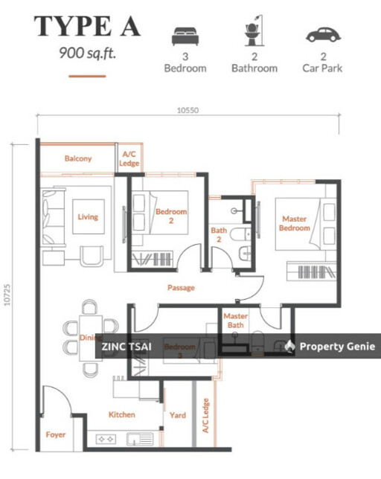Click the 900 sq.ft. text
86,53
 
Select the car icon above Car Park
321,35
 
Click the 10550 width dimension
187,109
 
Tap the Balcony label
77,158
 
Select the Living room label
87,217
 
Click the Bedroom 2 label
170,216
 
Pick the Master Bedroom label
294,223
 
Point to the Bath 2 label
219,235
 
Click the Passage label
181,288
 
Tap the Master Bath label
236,321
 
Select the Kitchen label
121,414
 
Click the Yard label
177,415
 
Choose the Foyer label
55,434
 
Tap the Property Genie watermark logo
290,347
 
